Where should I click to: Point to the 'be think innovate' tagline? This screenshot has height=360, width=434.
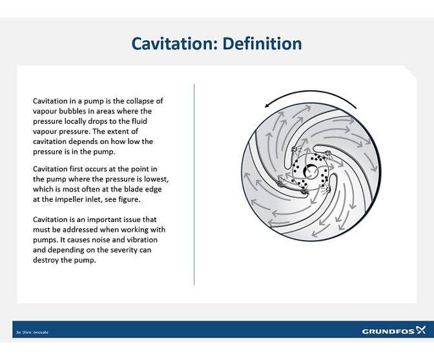32,332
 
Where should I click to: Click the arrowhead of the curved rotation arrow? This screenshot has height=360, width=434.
266,106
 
